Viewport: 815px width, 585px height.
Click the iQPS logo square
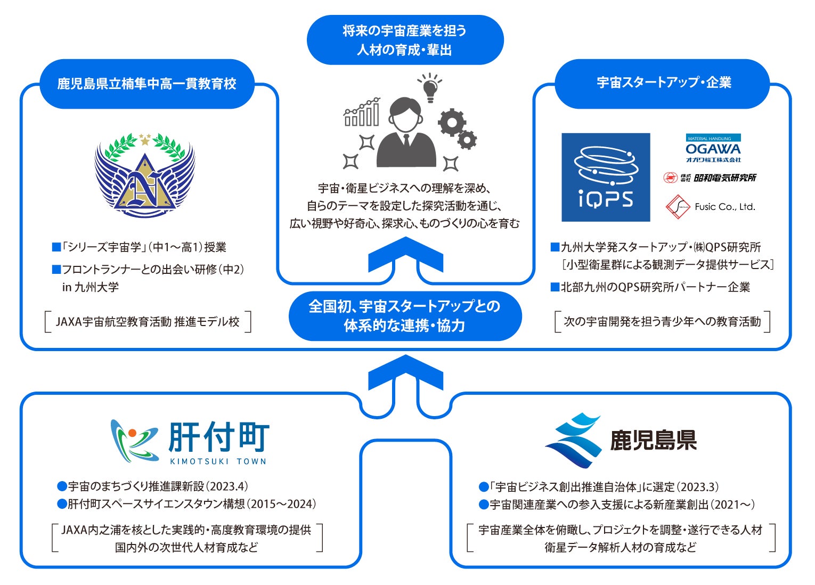[x=606, y=177]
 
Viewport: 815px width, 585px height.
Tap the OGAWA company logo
[x=713, y=149]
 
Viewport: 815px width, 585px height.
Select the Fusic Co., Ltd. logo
[x=711, y=207]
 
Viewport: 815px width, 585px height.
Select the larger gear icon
[x=452, y=123]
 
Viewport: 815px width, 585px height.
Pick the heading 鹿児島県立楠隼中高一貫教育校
[x=146, y=84]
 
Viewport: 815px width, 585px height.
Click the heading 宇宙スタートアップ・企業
[x=663, y=83]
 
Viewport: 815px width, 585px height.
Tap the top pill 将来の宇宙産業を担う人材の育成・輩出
[x=405, y=40]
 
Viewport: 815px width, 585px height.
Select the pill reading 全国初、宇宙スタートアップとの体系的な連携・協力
[x=405, y=316]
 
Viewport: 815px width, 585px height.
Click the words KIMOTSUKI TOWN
[x=218, y=461]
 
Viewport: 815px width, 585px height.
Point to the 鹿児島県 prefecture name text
[x=654, y=440]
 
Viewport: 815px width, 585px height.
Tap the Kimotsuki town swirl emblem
[x=134, y=441]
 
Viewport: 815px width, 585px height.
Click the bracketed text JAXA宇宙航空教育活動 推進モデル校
[x=148, y=322]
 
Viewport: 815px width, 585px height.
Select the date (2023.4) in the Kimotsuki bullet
[x=227, y=486]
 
